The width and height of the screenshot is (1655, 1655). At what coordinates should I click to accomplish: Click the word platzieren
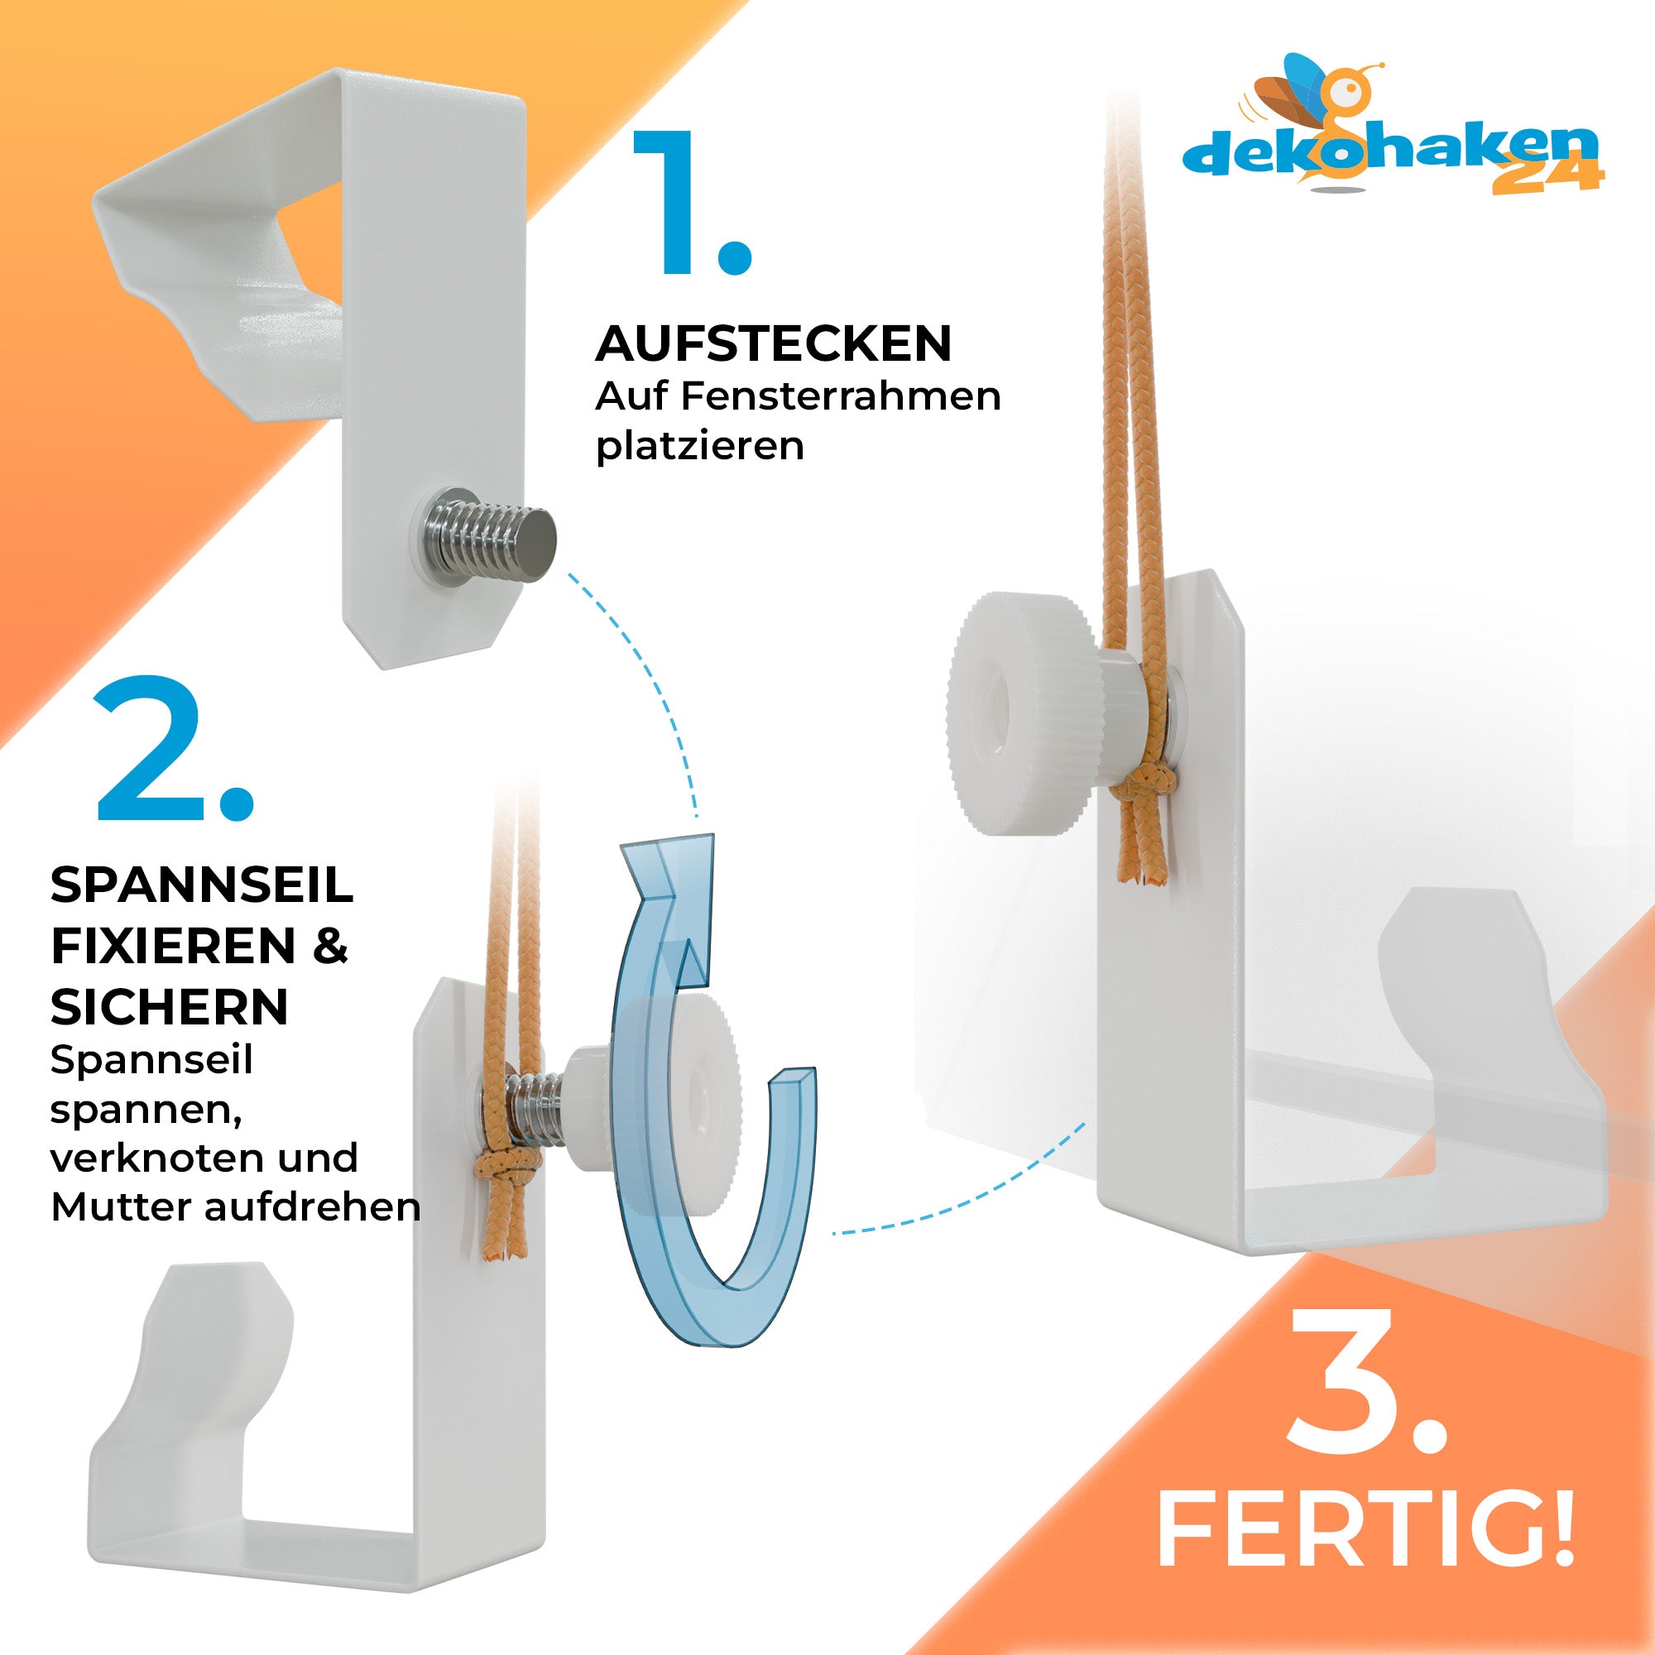[700, 446]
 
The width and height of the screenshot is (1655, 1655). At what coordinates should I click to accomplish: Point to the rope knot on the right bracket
[1142, 788]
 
